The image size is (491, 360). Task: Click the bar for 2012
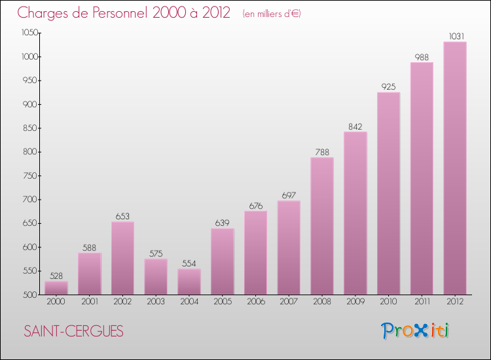454,168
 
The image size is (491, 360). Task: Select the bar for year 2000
56,288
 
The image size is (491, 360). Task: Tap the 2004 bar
189,281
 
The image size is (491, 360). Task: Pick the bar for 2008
322,226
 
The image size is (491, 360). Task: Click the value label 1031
454,36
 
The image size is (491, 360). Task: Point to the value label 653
122,216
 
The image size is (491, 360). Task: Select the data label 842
355,126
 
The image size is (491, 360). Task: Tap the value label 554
189,263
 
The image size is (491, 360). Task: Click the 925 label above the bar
388,86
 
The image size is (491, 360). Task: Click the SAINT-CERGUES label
73,331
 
